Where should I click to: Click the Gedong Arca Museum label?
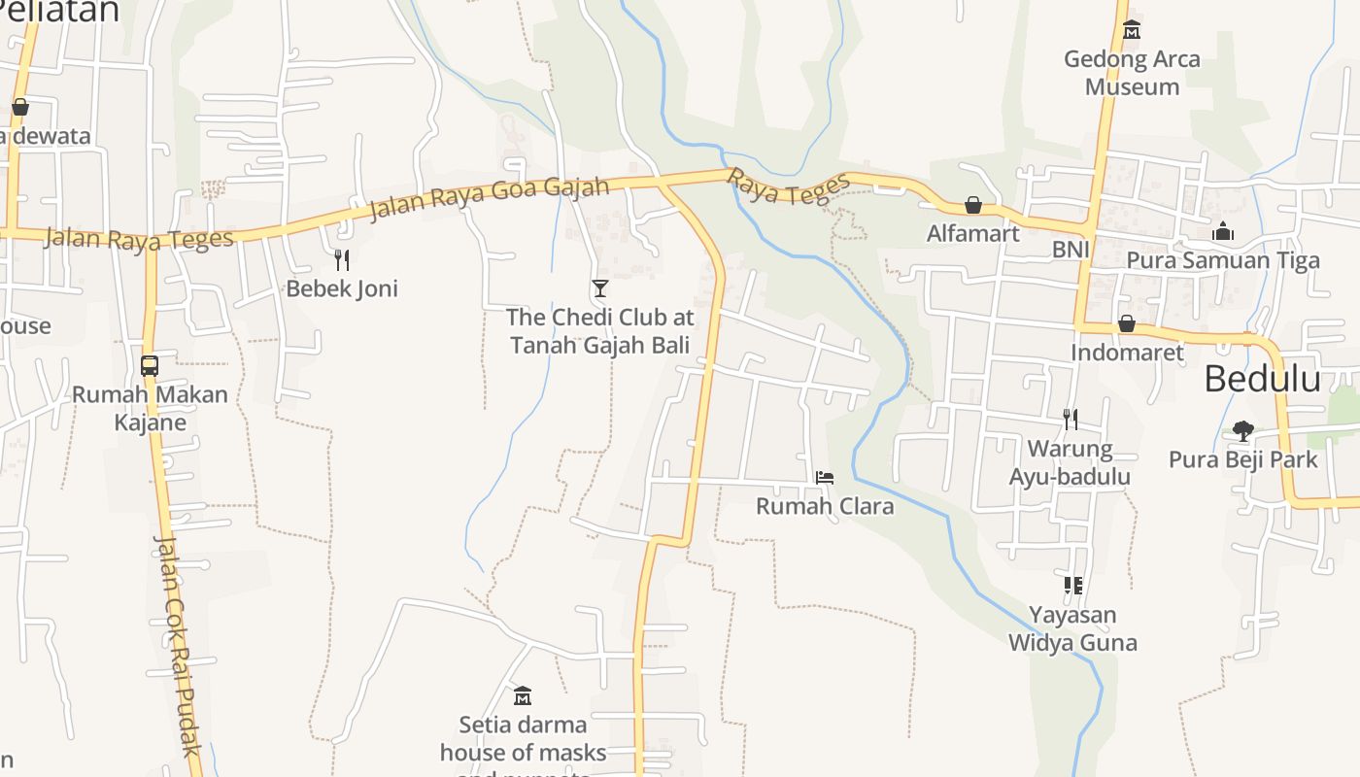point(1132,73)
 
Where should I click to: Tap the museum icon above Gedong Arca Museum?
point(1132,30)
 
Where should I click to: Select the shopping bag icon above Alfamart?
point(972,206)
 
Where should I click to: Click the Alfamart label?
point(972,234)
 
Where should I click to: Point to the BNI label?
point(1071,251)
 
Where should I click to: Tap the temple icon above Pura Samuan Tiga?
point(1223,231)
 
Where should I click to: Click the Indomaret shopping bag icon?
point(1127,323)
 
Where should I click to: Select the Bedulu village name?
point(1262,379)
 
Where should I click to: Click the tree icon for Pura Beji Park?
point(1242,430)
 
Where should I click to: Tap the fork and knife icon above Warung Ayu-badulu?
point(1070,420)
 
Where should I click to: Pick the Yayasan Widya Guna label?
point(1072,629)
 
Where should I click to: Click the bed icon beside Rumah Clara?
point(825,477)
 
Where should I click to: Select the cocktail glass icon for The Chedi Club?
point(600,288)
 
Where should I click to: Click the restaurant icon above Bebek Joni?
point(342,259)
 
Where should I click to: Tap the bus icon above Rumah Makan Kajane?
point(150,366)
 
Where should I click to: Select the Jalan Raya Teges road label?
point(139,238)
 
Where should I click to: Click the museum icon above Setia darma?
point(523,695)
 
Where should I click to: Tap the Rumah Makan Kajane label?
point(150,409)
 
